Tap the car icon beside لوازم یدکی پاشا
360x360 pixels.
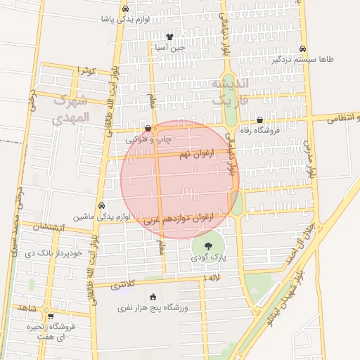[x=125, y=9]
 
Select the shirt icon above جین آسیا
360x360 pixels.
[x=169, y=36]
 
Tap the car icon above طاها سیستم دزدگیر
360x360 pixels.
[x=302, y=49]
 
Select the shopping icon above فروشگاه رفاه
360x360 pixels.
[x=260, y=120]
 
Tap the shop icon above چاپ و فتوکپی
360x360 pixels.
[x=147, y=129]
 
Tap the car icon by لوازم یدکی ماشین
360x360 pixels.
[x=103, y=205]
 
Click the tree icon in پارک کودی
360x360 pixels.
[x=208, y=246]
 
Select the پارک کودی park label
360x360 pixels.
[x=209, y=258]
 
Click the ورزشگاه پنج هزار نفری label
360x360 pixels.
[x=153, y=307]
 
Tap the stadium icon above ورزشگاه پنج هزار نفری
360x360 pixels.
[x=153, y=296]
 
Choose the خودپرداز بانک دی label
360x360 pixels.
[x=53, y=252]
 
